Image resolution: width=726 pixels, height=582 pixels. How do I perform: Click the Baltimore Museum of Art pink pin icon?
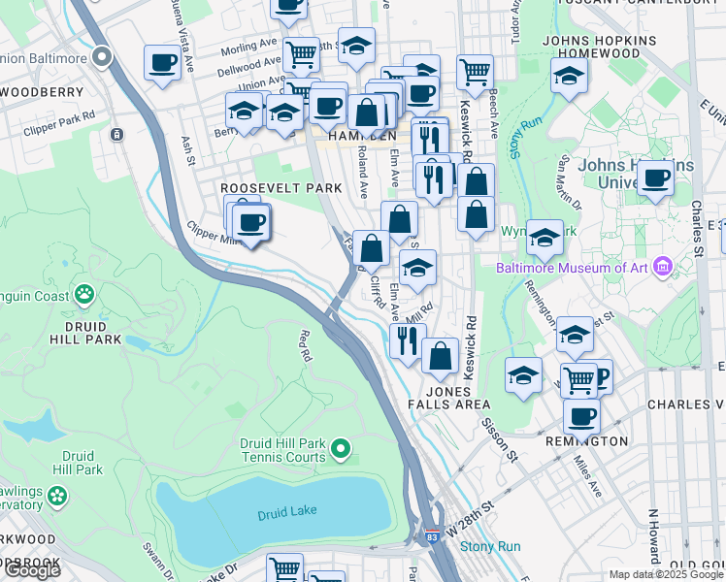point(663,265)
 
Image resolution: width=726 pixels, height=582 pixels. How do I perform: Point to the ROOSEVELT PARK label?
point(268,187)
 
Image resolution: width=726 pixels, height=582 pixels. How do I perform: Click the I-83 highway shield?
point(430,534)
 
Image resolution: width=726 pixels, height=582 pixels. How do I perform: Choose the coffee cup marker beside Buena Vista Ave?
point(162,64)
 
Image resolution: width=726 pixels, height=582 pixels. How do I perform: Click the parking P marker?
point(600,376)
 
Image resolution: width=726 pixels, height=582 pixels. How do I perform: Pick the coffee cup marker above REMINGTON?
point(581,416)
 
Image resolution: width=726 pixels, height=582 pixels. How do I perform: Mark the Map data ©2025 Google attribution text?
point(666,574)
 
